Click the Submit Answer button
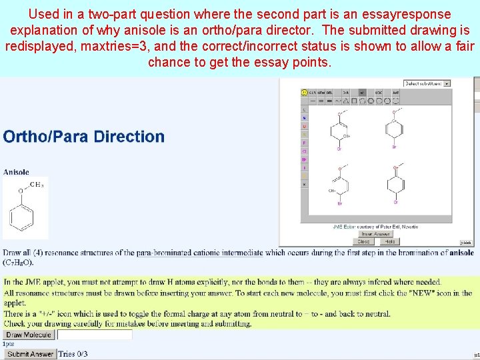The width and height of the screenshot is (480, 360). coord(31,354)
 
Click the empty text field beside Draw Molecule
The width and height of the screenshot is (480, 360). coord(93,335)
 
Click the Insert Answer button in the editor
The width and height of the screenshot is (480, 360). coord(375,234)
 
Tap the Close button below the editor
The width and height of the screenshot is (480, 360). coord(364,241)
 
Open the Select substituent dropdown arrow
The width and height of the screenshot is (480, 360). coord(447,83)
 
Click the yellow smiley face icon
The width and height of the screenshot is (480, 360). coord(305,93)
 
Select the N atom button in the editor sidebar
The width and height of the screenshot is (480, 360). coord(305,118)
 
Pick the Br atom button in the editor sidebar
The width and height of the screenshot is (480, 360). coord(305,159)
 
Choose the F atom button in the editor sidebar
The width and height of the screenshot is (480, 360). coord(305,143)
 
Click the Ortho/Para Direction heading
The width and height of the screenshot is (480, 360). coord(84,137)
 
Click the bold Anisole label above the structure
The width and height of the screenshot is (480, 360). coord(16,172)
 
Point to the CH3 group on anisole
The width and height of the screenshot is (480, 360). coord(37,185)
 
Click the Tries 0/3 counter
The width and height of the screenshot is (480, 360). coord(73,354)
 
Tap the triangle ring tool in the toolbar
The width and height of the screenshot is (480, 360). coord(346,101)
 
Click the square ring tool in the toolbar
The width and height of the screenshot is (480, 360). coord(354,101)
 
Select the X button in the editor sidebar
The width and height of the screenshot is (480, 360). coord(305,184)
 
